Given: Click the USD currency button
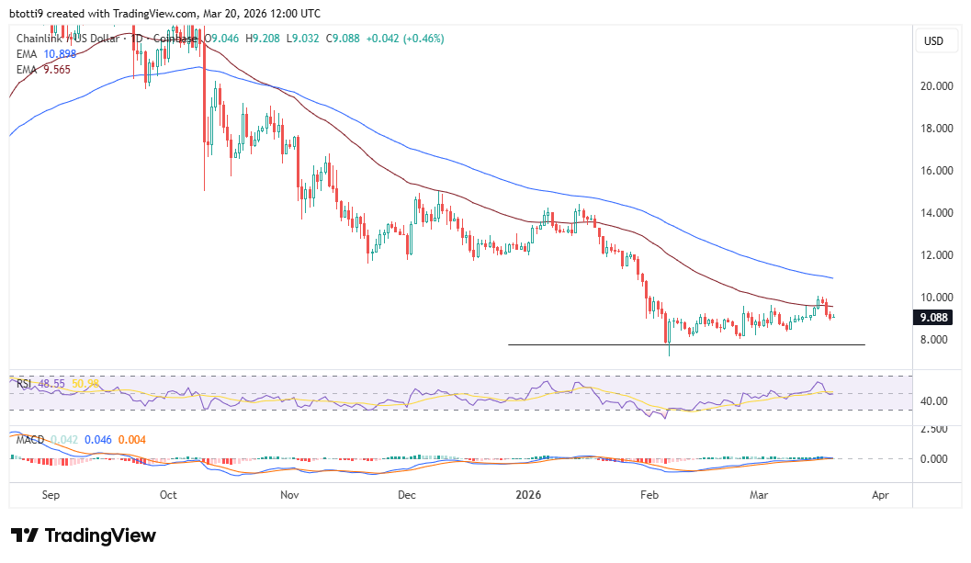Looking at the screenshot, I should click(x=933, y=41).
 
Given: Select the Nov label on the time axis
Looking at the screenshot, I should click(x=289, y=495).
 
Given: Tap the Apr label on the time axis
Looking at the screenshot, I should click(x=879, y=495).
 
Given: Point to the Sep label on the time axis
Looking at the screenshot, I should click(x=51, y=495).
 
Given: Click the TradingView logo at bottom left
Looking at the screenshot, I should click(x=83, y=535).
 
